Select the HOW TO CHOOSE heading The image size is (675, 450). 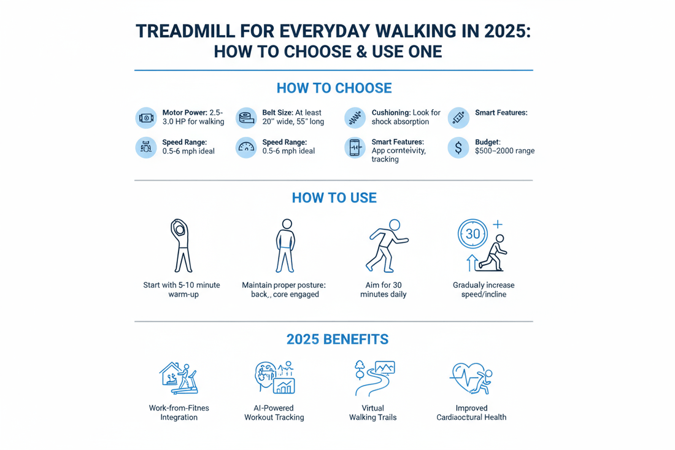334,88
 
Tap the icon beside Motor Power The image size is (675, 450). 146,117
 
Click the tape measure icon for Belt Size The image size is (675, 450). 246,117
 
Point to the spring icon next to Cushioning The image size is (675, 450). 355,117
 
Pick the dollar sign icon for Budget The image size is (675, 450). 458,147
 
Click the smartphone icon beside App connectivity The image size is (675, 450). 355,147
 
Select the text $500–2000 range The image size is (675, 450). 504,150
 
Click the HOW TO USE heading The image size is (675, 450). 334,198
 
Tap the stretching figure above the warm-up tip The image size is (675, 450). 182,245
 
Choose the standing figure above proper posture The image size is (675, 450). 284,246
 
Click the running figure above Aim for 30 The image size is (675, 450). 386,245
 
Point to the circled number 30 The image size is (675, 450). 472,234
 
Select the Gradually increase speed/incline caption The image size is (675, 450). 484,290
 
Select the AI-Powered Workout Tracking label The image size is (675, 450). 274,413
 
